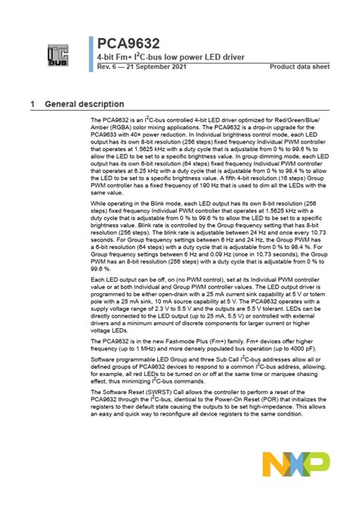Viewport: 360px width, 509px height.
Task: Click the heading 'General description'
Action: [84, 103]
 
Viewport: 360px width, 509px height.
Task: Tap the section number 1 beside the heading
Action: [33, 103]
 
